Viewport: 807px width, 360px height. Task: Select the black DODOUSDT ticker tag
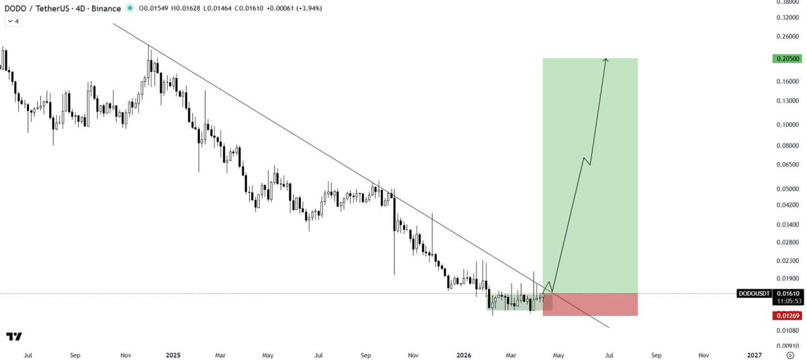(x=753, y=294)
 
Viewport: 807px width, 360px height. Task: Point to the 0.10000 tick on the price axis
(x=787, y=124)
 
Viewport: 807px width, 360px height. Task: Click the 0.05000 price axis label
(x=787, y=189)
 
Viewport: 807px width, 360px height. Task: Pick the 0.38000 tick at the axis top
(x=787, y=3)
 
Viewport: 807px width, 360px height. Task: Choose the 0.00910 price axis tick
(x=787, y=345)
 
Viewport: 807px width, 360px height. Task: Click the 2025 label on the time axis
(x=173, y=354)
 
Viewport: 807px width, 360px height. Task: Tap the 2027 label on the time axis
(x=755, y=354)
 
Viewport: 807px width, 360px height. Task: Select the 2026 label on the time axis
(x=463, y=354)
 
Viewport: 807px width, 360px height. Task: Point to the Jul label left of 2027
(x=610, y=354)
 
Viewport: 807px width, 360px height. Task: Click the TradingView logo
(x=13, y=336)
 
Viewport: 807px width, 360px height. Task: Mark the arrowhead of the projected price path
(x=606, y=60)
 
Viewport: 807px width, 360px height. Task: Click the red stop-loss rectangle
(x=590, y=304)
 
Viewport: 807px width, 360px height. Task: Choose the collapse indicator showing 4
(x=13, y=21)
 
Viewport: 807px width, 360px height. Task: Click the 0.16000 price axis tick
(x=787, y=81)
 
